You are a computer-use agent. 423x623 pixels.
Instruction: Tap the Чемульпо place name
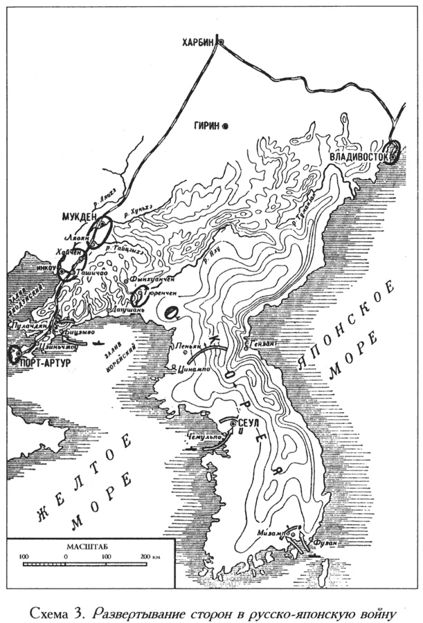pos(201,438)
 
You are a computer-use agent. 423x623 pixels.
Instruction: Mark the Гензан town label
pos(260,342)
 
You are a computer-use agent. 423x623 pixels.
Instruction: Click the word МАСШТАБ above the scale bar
pos(89,547)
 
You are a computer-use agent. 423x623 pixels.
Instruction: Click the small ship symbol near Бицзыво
pos(101,341)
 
